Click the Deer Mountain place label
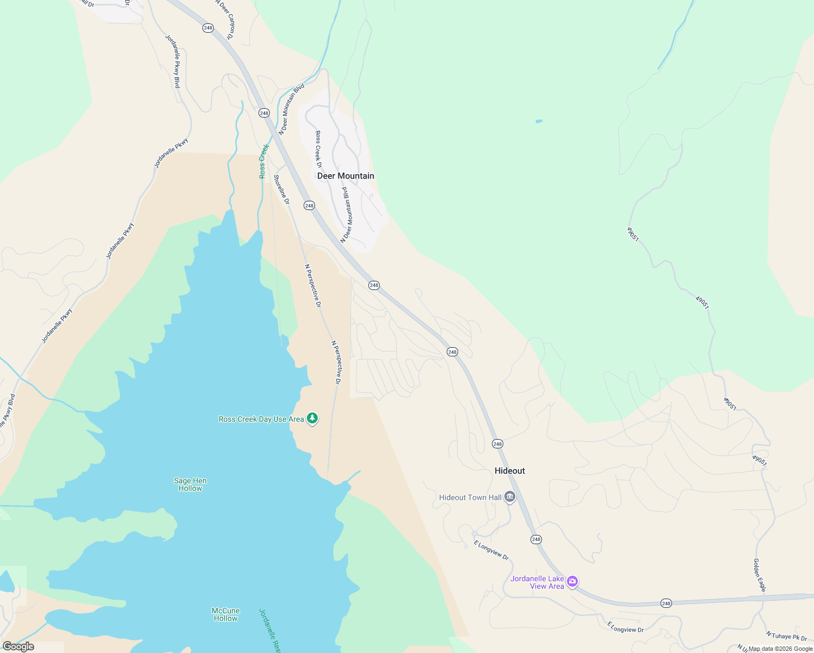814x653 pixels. click(346, 176)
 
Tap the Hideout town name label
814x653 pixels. click(510, 471)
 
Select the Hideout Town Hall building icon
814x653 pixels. click(510, 497)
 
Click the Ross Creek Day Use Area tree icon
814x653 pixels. click(312, 418)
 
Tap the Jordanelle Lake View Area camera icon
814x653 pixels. click(572, 582)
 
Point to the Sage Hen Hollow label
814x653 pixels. click(190, 484)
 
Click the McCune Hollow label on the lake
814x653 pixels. click(225, 614)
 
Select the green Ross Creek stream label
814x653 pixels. click(264, 161)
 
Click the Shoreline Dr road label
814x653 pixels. click(281, 189)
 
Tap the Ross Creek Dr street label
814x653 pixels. click(319, 149)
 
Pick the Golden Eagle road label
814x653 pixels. click(760, 575)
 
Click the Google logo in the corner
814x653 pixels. click(18, 646)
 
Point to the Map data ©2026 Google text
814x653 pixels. click(780, 649)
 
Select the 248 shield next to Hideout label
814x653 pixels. click(497, 443)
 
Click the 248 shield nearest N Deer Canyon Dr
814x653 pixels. click(208, 28)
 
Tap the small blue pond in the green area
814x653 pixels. click(539, 121)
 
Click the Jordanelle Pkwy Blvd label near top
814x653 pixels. click(173, 61)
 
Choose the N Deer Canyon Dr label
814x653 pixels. click(224, 20)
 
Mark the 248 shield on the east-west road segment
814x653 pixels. click(667, 603)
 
